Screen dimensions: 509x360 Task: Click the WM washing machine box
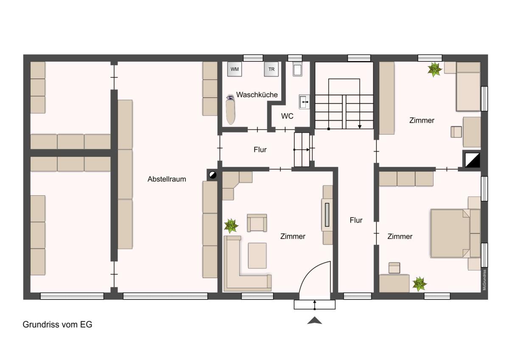pyautogui.click(x=235, y=69)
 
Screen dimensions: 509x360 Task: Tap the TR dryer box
pyautogui.click(x=271, y=69)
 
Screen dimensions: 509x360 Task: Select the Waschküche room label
pyautogui.click(x=257, y=95)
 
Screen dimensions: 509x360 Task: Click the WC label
pyautogui.click(x=287, y=116)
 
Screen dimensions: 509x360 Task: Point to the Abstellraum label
pyautogui.click(x=167, y=179)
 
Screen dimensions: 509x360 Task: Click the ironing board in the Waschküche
pyautogui.click(x=230, y=110)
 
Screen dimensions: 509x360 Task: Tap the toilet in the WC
pyautogui.click(x=297, y=68)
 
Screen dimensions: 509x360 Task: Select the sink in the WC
pyautogui.click(x=304, y=102)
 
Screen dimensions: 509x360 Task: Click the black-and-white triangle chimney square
pyautogui.click(x=472, y=160)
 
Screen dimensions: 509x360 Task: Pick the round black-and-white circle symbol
pyautogui.click(x=212, y=174)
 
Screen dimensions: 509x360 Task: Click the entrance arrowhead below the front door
pyautogui.click(x=314, y=320)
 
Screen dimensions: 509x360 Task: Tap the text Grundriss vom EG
pyautogui.click(x=58, y=324)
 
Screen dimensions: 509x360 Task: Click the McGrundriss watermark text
pyautogui.click(x=484, y=280)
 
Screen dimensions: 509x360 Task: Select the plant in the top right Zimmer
pyautogui.click(x=434, y=69)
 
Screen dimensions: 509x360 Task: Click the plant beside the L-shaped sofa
pyautogui.click(x=231, y=226)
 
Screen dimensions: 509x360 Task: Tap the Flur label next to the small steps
pyautogui.click(x=260, y=149)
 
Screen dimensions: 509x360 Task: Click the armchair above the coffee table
pyautogui.click(x=257, y=223)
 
